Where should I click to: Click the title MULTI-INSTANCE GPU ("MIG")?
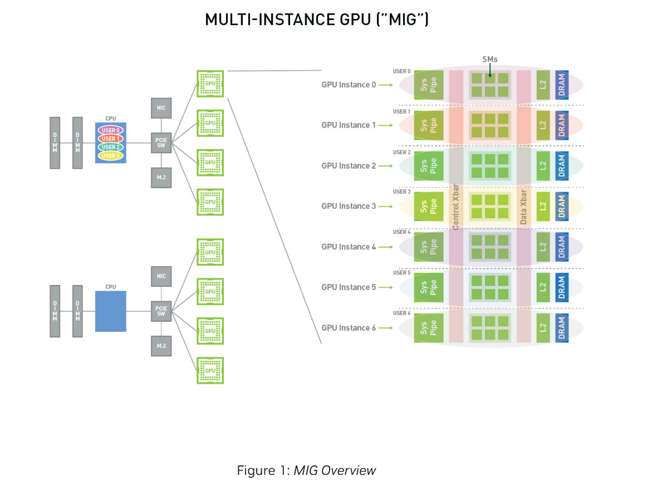pyautogui.click(x=316, y=19)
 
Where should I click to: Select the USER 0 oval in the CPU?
pyautogui.click(x=111, y=130)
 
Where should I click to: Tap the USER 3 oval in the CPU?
pyautogui.click(x=111, y=156)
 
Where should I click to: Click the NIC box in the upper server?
pyautogui.click(x=161, y=108)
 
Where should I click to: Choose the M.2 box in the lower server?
pyautogui.click(x=161, y=346)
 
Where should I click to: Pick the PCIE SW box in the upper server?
pyautogui.click(x=161, y=143)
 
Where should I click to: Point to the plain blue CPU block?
pyautogui.click(x=111, y=311)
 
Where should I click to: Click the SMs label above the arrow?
pyautogui.click(x=490, y=59)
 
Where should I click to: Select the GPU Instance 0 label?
pyautogui.click(x=349, y=85)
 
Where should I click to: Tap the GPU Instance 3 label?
pyautogui.click(x=349, y=206)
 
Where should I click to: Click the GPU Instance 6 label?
pyautogui.click(x=349, y=328)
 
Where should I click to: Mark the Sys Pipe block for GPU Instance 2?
pyautogui.click(x=429, y=166)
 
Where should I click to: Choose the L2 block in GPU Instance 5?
pyautogui.click(x=543, y=287)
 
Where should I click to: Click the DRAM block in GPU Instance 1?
pyautogui.click(x=561, y=125)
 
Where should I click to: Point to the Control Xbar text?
pyautogui.click(x=456, y=207)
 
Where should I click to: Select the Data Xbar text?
pyautogui.click(x=523, y=207)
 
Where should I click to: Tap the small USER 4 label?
pyautogui.click(x=401, y=232)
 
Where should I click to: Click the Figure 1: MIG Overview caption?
pyautogui.click(x=306, y=470)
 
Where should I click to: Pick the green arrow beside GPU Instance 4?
pyautogui.click(x=386, y=247)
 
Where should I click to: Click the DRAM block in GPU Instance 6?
pyautogui.click(x=561, y=328)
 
